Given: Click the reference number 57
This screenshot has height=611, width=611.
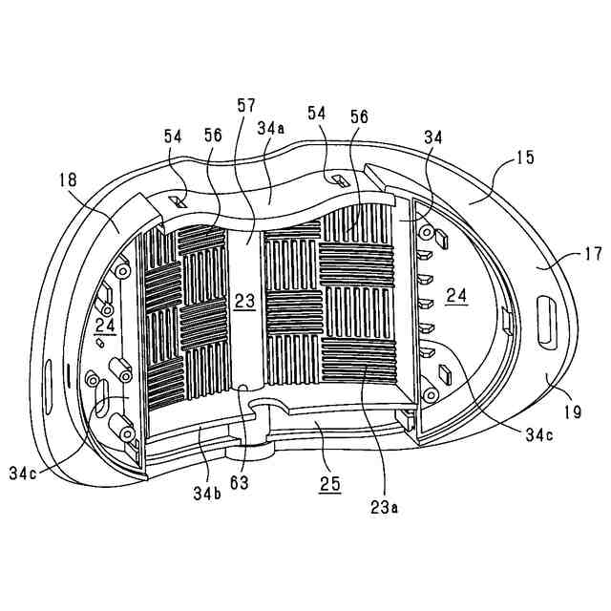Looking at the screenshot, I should pyautogui.click(x=245, y=104).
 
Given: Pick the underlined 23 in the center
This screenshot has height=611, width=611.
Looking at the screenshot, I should pyautogui.click(x=245, y=301).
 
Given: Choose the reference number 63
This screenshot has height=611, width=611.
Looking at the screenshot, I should pyautogui.click(x=239, y=482).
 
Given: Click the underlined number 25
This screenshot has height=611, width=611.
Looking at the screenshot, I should pyautogui.click(x=329, y=485).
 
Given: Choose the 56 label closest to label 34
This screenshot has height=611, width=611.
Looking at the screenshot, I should pyautogui.click(x=359, y=115).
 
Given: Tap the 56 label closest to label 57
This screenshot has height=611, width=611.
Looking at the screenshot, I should pyautogui.click(x=212, y=136).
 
